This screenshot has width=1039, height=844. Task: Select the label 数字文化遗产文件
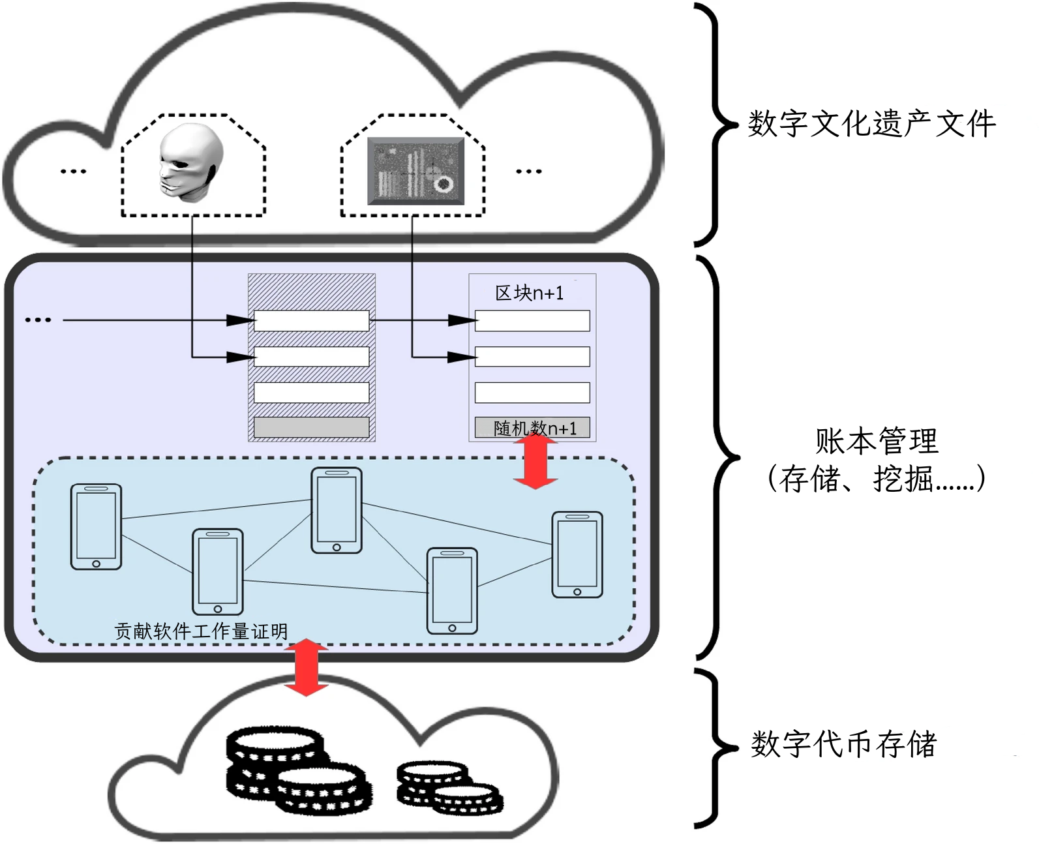click(x=871, y=124)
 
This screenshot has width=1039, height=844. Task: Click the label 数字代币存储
click(x=843, y=744)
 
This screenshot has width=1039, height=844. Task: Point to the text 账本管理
click(x=876, y=441)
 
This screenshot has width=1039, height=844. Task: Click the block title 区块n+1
click(x=529, y=294)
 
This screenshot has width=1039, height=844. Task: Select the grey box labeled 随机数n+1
click(x=532, y=428)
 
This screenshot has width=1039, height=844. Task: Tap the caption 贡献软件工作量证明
click(x=201, y=631)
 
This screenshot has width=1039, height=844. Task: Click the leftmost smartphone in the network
click(x=96, y=526)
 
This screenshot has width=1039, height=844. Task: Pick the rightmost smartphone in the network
click(x=577, y=554)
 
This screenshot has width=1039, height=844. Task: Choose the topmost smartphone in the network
click(x=337, y=510)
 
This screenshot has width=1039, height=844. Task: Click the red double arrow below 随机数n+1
click(x=535, y=462)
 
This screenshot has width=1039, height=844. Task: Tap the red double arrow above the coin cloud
click(x=306, y=668)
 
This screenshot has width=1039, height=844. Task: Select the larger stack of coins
click(x=294, y=770)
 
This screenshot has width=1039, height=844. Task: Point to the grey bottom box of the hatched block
click(x=311, y=427)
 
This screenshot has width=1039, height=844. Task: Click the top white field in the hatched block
click(x=311, y=320)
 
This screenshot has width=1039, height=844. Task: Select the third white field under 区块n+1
click(x=532, y=393)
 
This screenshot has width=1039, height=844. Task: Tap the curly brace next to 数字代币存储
click(x=714, y=747)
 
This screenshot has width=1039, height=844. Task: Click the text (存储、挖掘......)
click(x=876, y=479)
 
